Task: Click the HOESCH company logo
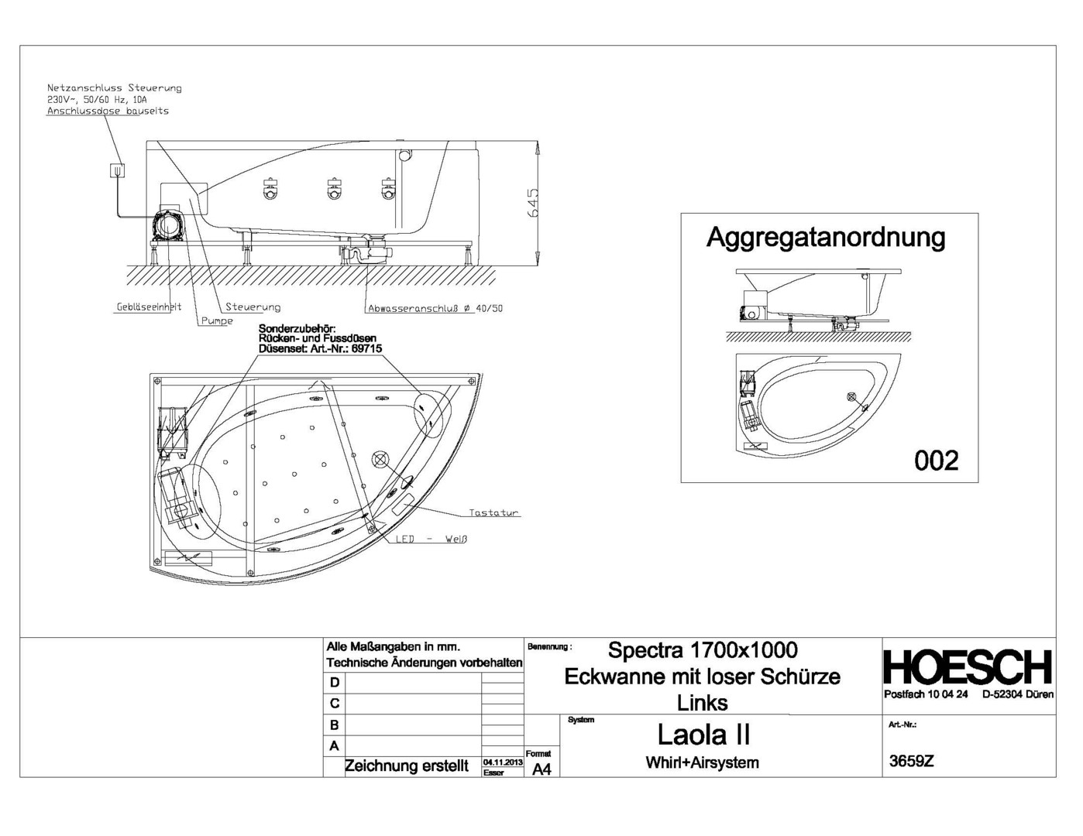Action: (968, 667)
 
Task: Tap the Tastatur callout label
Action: (493, 513)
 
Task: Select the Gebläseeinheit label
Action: (149, 307)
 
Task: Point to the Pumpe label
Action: (218, 321)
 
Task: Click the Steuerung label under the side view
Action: (253, 307)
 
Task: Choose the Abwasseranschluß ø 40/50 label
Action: (435, 309)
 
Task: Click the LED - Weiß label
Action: (431, 540)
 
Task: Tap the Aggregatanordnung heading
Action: (825, 238)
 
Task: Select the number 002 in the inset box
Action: (936, 461)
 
